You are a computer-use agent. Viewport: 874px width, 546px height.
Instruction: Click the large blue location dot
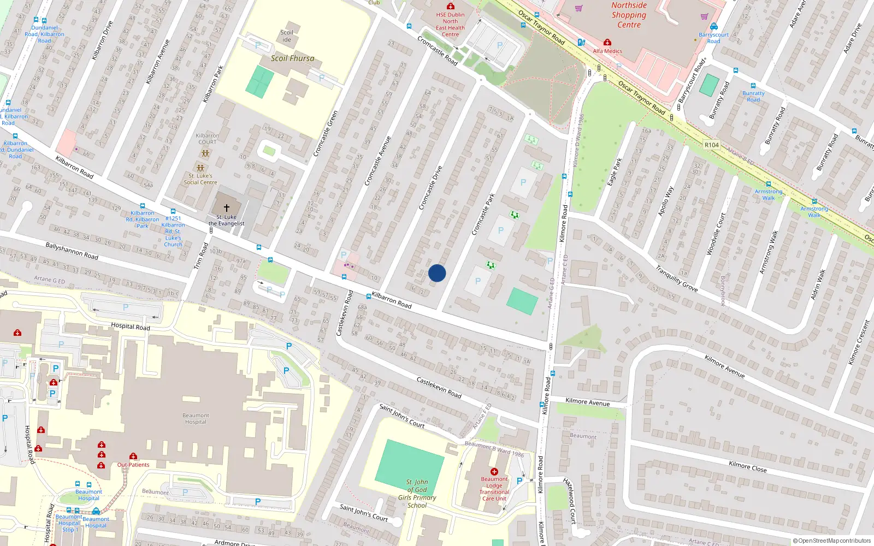437,273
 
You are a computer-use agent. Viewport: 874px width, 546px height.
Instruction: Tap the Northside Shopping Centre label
629,15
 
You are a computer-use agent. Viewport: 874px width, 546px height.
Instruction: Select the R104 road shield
712,145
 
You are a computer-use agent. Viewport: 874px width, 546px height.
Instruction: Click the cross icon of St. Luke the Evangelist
227,208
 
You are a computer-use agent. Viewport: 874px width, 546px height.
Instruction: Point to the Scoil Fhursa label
292,58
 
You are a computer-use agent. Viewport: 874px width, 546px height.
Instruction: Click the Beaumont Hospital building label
196,419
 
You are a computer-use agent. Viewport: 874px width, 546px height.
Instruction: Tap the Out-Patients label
133,465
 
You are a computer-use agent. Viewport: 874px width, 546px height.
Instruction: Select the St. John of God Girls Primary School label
417,494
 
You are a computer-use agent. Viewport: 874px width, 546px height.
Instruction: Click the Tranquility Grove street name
677,278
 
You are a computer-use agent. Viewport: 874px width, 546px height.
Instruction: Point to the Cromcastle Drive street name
430,188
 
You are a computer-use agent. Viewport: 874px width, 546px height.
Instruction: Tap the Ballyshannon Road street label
72,251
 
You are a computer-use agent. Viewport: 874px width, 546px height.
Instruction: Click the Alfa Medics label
607,51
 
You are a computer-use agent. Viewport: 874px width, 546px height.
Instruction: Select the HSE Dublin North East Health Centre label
450,25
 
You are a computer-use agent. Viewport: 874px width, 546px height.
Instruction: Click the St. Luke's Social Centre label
200,179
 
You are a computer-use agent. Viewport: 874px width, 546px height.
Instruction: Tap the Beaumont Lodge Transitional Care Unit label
494,489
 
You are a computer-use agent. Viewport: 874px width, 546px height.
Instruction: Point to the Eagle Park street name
615,171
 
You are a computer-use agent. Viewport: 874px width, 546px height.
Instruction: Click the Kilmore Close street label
747,466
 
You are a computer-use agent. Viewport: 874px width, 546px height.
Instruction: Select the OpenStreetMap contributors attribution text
834,541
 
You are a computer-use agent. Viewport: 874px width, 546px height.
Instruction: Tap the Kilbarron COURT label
208,139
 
